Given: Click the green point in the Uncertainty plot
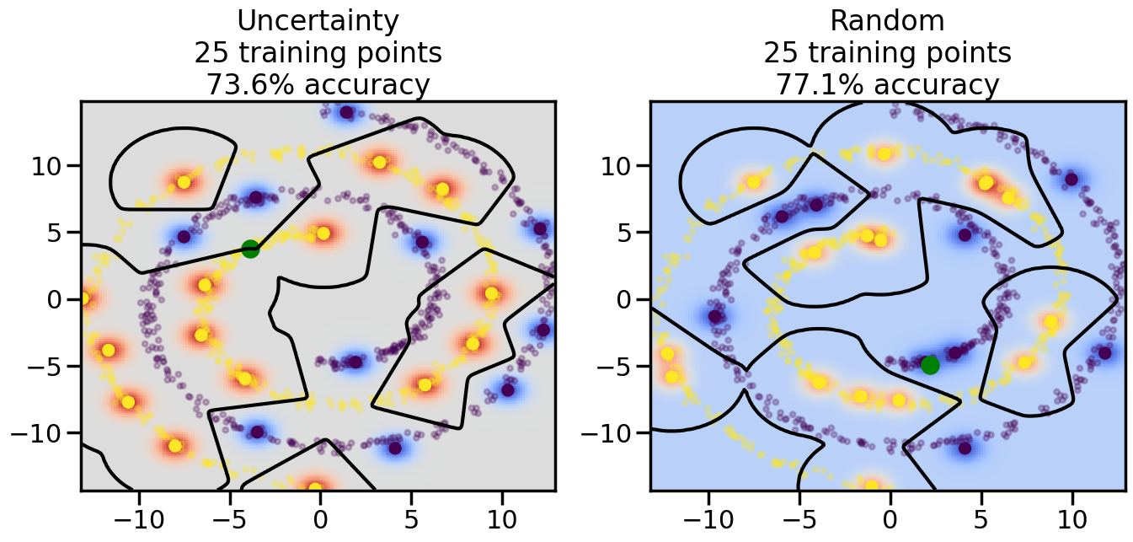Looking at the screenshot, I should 250,249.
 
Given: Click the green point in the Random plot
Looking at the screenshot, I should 930,365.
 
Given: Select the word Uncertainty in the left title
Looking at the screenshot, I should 318,21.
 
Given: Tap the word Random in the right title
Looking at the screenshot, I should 888,21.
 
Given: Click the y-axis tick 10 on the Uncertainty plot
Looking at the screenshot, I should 53,165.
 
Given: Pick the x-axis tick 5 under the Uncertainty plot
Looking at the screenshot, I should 411,514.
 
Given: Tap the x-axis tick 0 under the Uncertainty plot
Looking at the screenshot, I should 320,514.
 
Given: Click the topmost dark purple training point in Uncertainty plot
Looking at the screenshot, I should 346,112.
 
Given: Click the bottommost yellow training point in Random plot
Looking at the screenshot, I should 872,486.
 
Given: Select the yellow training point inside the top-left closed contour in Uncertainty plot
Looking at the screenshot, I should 184,182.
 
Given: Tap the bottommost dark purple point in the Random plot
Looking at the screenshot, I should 965,448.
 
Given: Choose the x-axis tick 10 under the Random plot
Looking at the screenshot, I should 1072,514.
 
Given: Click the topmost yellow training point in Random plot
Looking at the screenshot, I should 884,153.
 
